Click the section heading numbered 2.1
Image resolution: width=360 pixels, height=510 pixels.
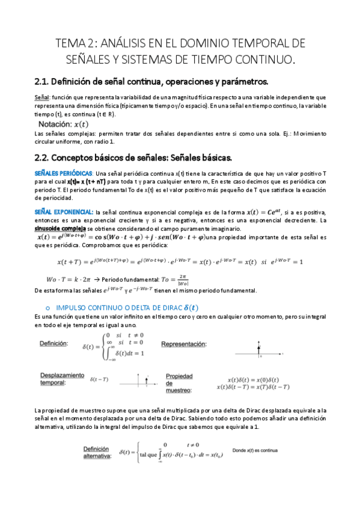coord(156,82)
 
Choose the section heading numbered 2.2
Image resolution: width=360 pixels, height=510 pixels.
coord(133,158)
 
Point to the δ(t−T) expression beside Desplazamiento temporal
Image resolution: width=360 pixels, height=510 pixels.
coord(99,379)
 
